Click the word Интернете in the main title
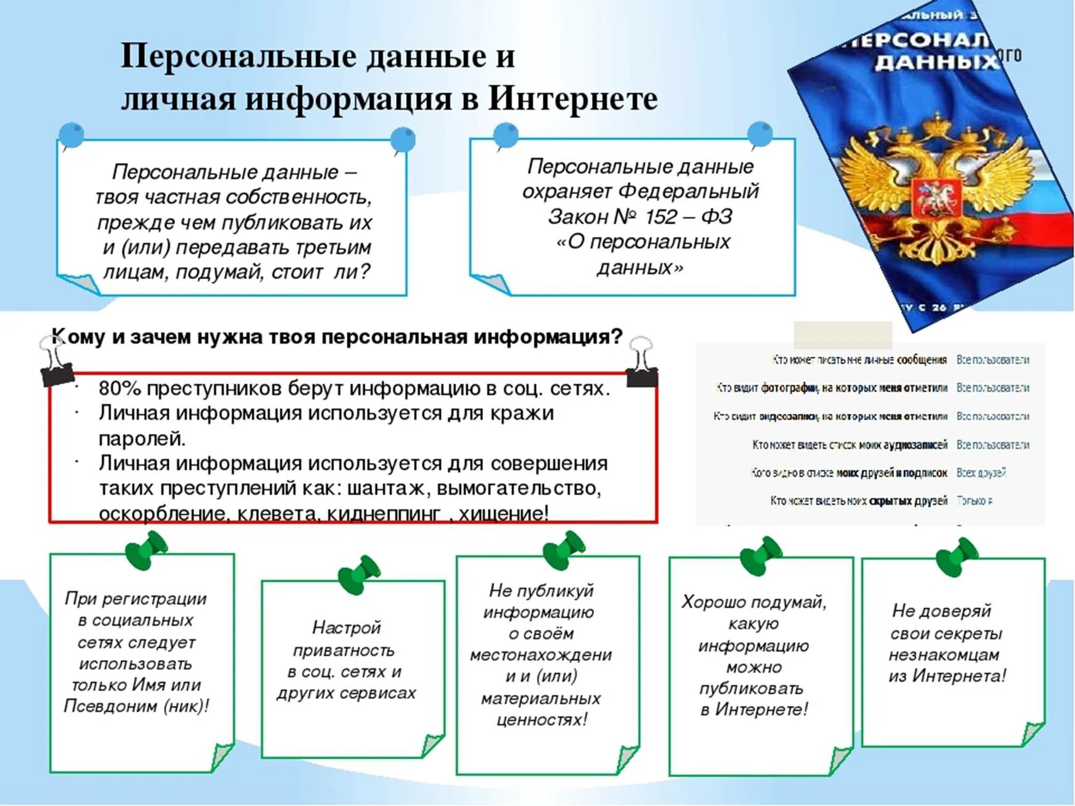(573, 99)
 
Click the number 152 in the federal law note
(661, 217)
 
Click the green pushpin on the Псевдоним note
(146, 549)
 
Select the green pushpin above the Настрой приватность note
(360, 574)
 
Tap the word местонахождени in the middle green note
(541, 655)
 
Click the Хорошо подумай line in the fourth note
(753, 602)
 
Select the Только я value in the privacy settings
(975, 501)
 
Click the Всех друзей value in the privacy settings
(981, 472)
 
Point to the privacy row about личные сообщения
(859, 360)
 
